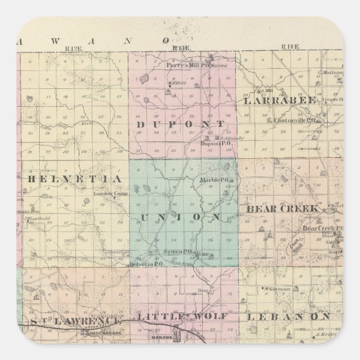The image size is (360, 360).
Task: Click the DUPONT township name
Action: coord(180,124)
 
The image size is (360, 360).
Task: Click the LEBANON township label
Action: coord(288,316)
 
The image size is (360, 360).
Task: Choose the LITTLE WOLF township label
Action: coord(182,316)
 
